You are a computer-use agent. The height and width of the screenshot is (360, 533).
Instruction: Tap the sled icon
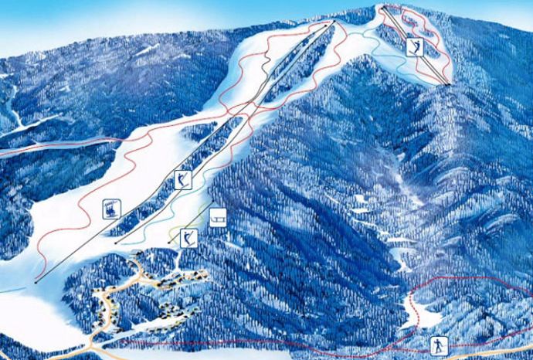tap(218, 216)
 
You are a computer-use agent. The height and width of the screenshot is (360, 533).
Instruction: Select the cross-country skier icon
tap(438, 345)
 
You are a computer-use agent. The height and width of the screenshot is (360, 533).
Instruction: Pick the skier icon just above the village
tap(185, 236)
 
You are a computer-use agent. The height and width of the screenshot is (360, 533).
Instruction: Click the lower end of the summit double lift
tap(447, 83)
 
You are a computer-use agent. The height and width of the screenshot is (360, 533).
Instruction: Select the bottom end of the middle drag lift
tap(116, 243)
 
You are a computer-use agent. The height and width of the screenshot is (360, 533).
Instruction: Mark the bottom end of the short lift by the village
tap(169, 243)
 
